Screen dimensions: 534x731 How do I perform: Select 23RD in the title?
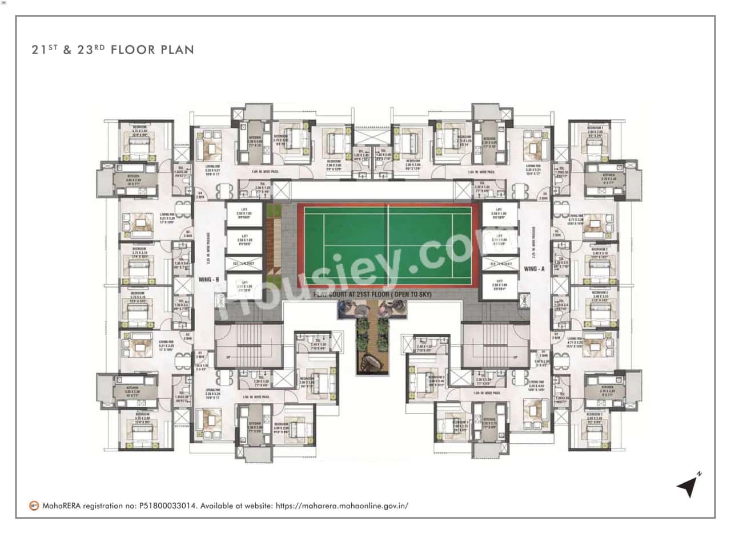[90, 50]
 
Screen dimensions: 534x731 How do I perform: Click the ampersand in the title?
[67, 50]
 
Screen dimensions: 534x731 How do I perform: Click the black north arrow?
[686, 487]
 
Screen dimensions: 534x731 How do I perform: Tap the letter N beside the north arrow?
[699, 474]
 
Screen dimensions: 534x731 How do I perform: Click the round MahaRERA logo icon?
[34, 505]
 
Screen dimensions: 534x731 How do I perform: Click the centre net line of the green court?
[388, 245]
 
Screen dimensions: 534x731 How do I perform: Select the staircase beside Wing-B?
[248, 346]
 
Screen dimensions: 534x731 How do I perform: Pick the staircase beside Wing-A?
[495, 346]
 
